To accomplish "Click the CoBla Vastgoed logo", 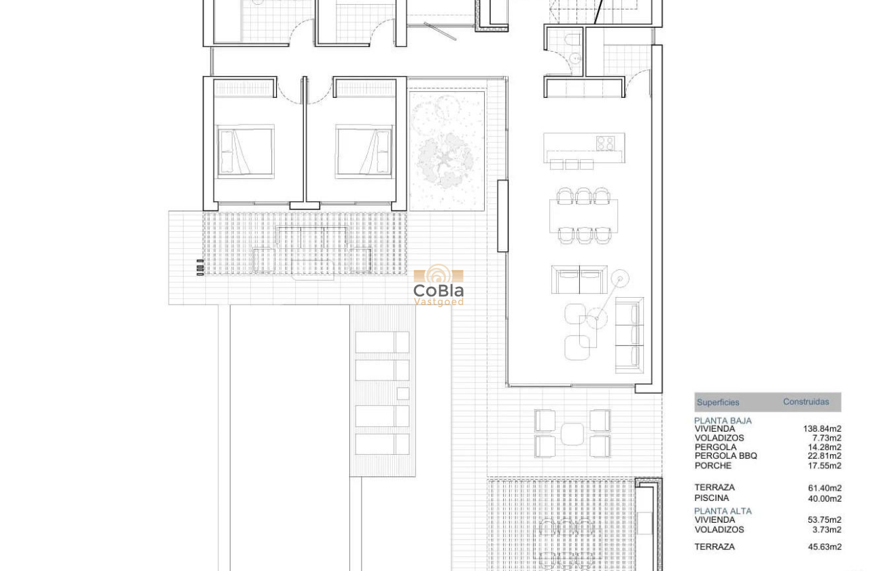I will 439,285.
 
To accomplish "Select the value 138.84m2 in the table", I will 822,429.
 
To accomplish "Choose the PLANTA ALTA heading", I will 723,511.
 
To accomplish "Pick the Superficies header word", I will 717,402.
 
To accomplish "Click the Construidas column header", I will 806,402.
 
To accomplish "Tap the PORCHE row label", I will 712,466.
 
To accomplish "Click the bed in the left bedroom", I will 245,151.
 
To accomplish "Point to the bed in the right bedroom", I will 364,151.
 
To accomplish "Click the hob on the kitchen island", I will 605,143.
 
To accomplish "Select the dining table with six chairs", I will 583,216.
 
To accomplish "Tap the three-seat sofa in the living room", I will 629,335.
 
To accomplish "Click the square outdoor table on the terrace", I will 572,434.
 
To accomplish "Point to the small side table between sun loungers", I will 402,394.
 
